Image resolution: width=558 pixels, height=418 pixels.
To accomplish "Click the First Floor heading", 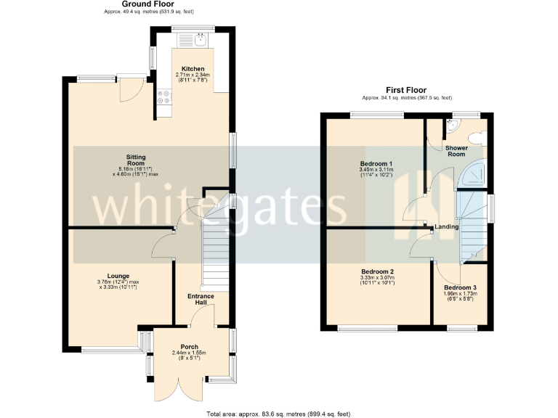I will coord(406,91).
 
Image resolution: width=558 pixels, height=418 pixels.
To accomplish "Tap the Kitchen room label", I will coord(193,69).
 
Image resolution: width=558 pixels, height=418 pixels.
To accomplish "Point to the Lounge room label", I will coord(118,276).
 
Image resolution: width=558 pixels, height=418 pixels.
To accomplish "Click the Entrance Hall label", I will coord(201,300).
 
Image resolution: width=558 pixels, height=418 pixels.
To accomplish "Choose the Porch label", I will coord(190,347).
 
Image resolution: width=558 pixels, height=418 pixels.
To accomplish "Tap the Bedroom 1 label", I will coord(376,164).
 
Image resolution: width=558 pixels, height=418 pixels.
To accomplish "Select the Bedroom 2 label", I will coord(376,271).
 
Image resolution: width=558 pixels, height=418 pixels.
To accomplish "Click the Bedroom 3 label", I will coord(460,287).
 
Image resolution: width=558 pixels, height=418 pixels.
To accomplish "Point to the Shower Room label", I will coord(456,151).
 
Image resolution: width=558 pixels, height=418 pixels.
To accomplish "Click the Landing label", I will coord(446,228).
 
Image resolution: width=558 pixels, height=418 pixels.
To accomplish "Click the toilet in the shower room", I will coord(477,138).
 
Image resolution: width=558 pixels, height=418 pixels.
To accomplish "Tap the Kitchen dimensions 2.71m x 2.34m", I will coord(193,78).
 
